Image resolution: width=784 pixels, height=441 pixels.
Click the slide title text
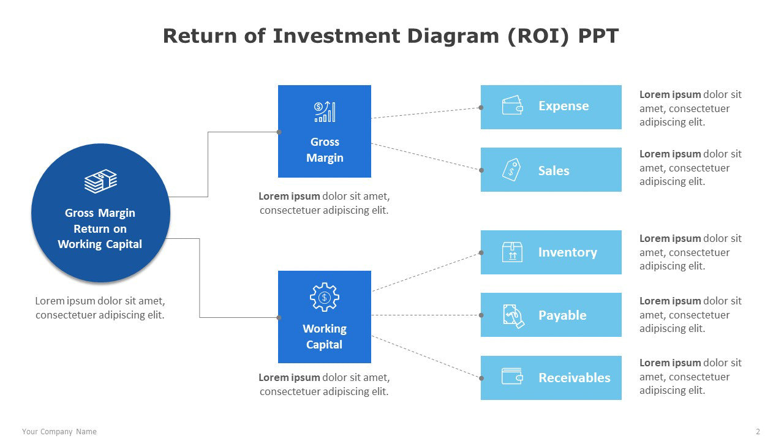pos(391,36)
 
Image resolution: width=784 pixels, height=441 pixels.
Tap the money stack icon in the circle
pos(100,181)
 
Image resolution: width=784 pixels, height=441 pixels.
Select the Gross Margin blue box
pos(325,131)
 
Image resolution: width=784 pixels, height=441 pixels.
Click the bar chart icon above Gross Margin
pos(325,112)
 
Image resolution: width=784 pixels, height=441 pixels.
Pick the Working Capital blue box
pos(325,317)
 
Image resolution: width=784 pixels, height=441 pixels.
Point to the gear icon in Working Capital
pos(325,298)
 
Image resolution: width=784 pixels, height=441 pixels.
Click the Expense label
pos(563,106)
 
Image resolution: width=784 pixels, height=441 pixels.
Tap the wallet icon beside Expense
pos(512,106)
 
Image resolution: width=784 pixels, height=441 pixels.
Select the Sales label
pos(554,171)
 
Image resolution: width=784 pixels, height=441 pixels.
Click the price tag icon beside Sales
pos(511,169)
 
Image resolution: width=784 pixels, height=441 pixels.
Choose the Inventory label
pos(567,252)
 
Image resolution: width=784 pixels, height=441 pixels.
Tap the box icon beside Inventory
pos(512,252)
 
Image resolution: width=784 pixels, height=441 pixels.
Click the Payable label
pos(562,315)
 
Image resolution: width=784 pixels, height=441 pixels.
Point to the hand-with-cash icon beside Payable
pos(513,316)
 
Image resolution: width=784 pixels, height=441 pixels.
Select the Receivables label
pos(574,378)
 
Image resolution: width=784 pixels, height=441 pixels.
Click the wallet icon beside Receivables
pos(512,376)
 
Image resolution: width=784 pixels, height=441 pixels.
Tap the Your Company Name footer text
pos(59,432)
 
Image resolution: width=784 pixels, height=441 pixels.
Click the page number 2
pos(758,432)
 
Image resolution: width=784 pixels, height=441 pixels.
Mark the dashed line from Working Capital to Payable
pos(426,315)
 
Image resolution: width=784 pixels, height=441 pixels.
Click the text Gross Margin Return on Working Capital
pos(100,228)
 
